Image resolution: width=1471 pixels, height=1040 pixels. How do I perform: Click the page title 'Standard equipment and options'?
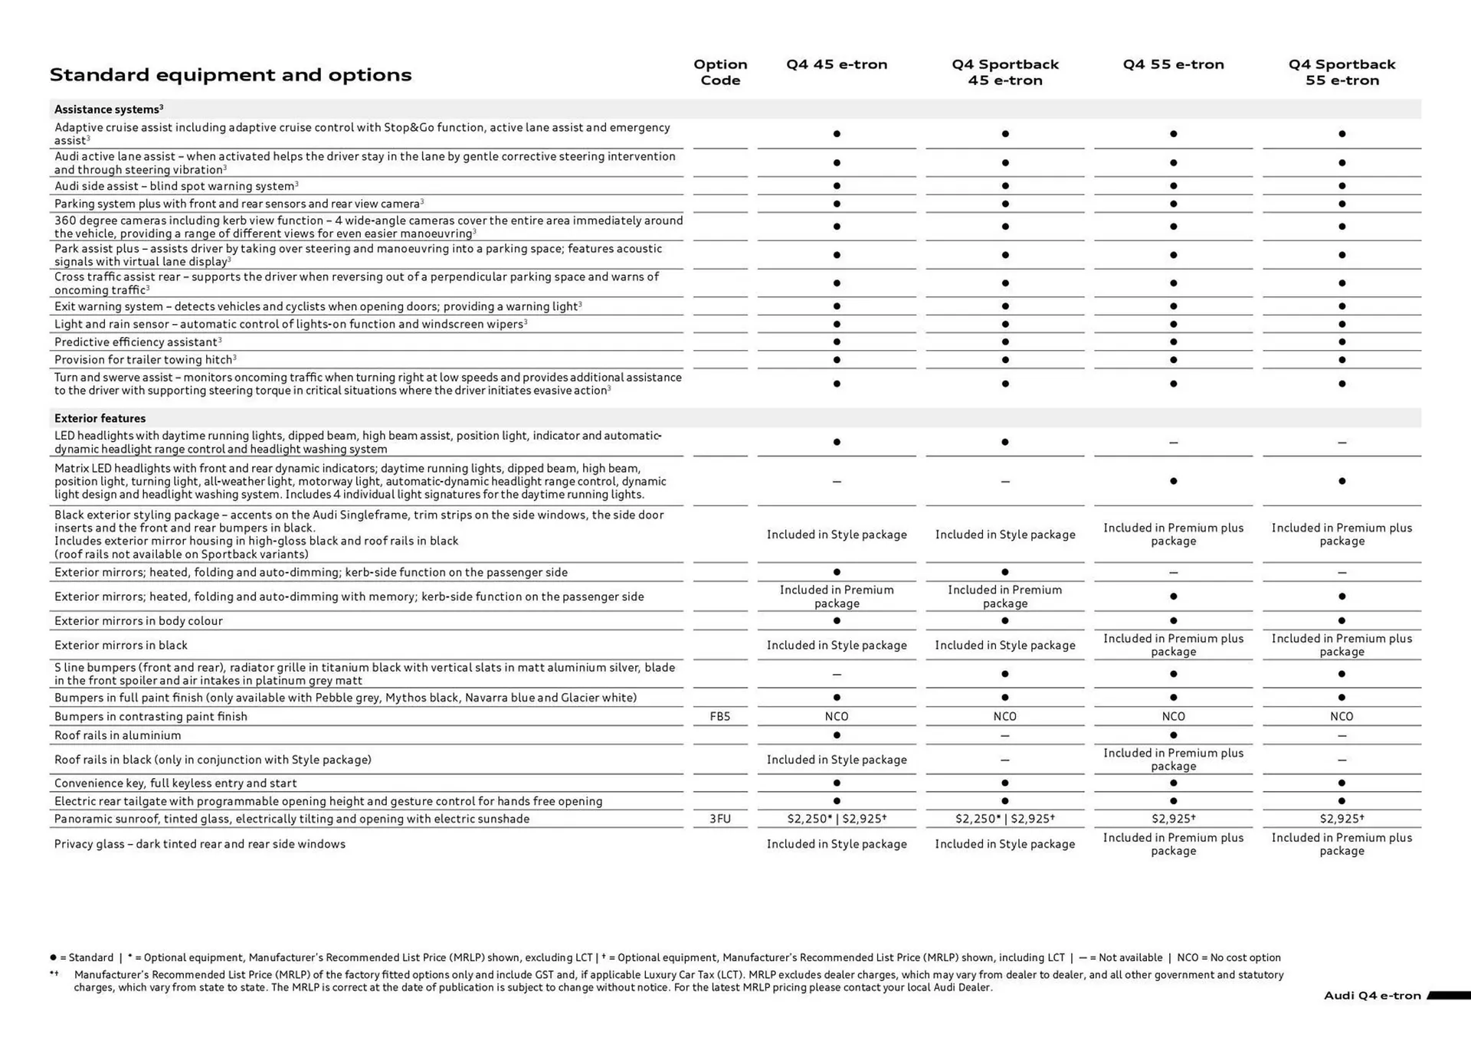coord(231,75)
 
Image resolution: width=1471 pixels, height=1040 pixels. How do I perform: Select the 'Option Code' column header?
coord(720,72)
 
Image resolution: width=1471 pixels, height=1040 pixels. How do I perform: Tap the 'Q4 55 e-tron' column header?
coord(1173,64)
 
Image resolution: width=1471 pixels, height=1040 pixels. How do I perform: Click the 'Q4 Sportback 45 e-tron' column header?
coord(1005,72)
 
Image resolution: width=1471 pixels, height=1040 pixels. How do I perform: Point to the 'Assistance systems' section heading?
coord(108,110)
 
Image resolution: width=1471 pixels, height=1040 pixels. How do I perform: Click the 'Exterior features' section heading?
coord(100,418)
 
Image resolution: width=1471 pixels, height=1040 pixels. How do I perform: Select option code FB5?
coord(720,717)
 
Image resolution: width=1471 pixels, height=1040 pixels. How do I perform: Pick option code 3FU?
coord(720,819)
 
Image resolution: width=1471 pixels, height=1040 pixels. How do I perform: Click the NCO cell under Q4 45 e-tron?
coord(837,717)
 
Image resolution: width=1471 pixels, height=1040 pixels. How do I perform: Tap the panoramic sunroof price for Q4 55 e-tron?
coord(1173,819)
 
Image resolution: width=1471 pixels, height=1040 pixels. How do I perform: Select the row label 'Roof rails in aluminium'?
coord(117,735)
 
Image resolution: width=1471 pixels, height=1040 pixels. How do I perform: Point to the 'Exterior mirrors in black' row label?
coord(120,646)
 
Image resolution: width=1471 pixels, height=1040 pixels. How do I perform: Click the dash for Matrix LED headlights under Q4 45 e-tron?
coord(837,482)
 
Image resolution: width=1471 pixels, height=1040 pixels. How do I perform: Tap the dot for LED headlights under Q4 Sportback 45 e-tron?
coord(1005,442)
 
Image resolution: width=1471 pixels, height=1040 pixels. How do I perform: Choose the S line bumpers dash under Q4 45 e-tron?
coord(837,675)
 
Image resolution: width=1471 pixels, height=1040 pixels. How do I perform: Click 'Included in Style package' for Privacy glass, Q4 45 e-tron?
coord(837,844)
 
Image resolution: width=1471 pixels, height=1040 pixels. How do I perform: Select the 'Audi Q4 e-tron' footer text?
coord(1371,996)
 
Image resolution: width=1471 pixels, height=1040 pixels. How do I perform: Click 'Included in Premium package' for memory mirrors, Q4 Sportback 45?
coord(1005,597)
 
